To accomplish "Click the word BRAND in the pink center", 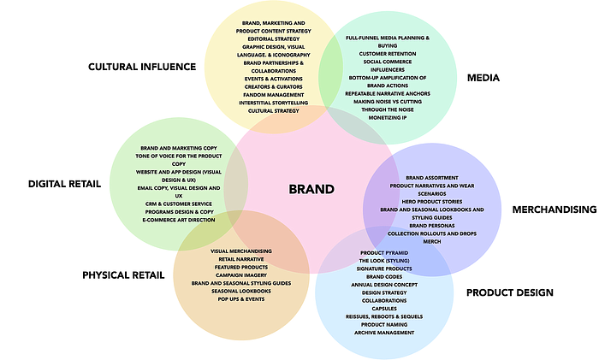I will coord(311,189).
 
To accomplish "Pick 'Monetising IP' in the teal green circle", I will coord(387,116).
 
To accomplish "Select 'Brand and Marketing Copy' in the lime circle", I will coord(179,149).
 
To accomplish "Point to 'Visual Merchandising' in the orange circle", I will coord(240,251).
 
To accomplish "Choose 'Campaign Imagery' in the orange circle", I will coord(240,274).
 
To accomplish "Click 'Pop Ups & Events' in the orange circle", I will coord(240,298).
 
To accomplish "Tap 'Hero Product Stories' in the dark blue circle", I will coord(432,201).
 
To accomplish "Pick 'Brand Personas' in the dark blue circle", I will coord(432,225).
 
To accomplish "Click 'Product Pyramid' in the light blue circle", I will coord(383,253).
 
